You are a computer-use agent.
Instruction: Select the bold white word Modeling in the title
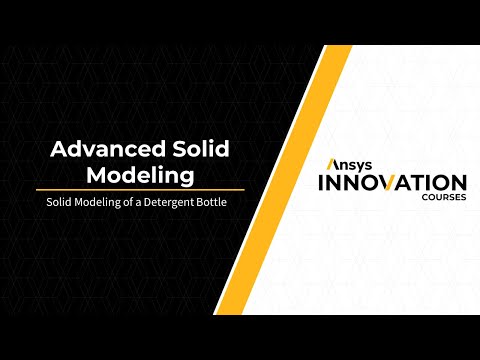[x=139, y=176]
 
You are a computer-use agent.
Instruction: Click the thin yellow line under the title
[x=140, y=189]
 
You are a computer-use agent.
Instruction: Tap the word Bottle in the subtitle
[x=225, y=204]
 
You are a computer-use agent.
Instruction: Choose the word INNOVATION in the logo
[x=391, y=183]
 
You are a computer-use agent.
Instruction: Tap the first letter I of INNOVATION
[x=321, y=183]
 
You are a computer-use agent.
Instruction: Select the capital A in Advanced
[x=59, y=150]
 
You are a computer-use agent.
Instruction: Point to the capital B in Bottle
[x=212, y=204]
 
